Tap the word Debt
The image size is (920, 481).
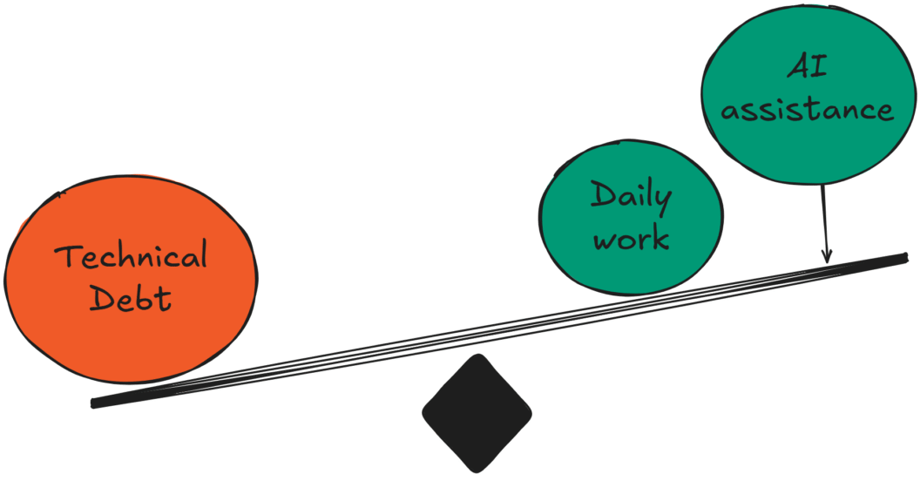click(x=131, y=298)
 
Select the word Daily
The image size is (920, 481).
click(x=632, y=197)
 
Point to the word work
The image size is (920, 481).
click(x=632, y=237)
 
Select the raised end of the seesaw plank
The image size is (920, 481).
click(x=903, y=257)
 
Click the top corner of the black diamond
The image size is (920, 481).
click(x=477, y=356)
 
